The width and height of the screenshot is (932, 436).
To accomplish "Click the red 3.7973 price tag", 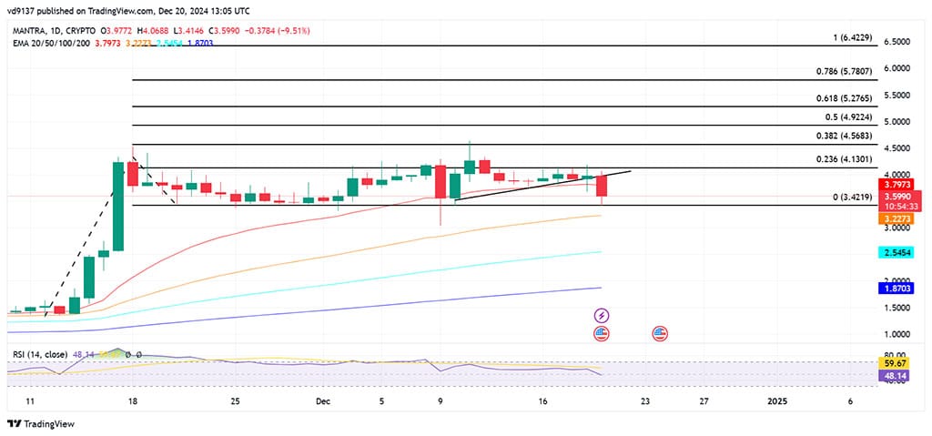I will (x=897, y=183).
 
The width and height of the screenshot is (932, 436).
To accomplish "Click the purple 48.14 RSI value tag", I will (x=897, y=374).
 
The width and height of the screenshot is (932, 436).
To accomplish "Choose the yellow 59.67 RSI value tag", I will (x=897, y=362).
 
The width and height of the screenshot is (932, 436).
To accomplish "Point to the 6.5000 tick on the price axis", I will (x=897, y=42).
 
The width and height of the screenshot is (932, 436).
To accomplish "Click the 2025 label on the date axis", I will (x=778, y=401).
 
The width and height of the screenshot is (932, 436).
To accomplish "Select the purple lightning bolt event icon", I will (x=601, y=315).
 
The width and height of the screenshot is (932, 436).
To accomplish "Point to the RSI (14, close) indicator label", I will (x=41, y=352).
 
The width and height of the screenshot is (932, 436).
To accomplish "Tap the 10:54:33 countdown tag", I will (x=897, y=206).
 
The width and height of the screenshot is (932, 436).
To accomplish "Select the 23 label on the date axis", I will (x=645, y=401).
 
